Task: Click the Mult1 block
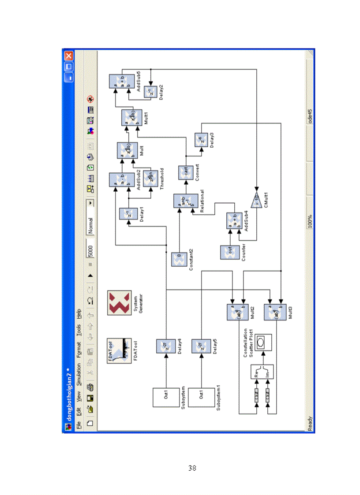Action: point(131,118)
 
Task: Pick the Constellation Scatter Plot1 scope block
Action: point(263,342)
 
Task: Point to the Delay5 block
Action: point(201,346)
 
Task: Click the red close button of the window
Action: point(68,56)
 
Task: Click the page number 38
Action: point(192,468)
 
